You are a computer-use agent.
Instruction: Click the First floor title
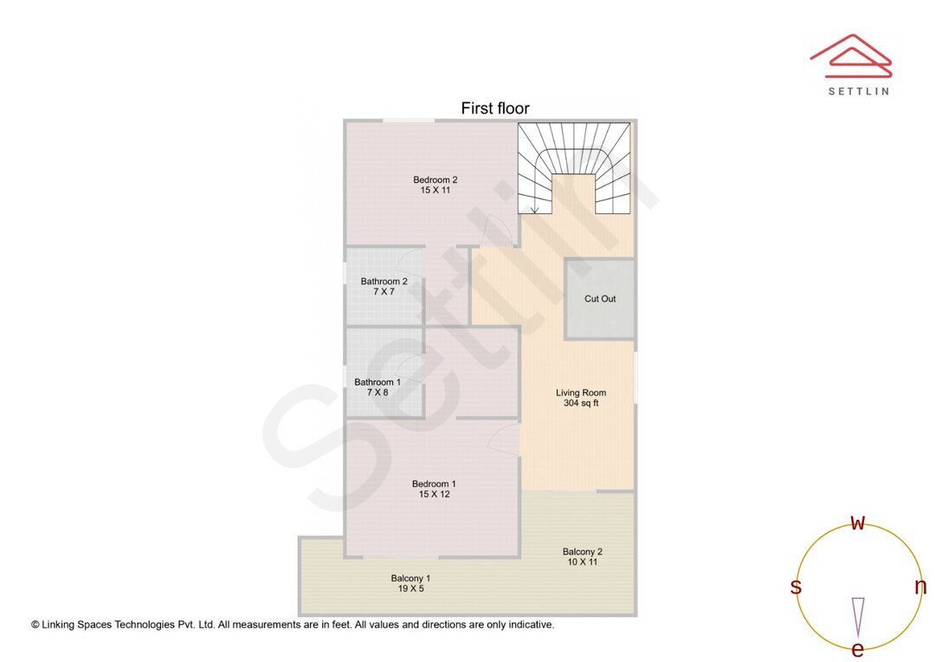pyautogui.click(x=494, y=108)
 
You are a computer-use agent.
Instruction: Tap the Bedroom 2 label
pyautogui.click(x=435, y=180)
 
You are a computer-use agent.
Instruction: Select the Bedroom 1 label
pyautogui.click(x=434, y=484)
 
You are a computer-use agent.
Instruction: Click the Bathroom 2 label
pyautogui.click(x=384, y=282)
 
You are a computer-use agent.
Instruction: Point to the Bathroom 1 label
pyautogui.click(x=377, y=382)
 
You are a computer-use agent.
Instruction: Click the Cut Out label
pyautogui.click(x=600, y=299)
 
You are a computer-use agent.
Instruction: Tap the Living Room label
pyautogui.click(x=581, y=393)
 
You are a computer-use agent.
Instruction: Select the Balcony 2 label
pyautogui.click(x=582, y=552)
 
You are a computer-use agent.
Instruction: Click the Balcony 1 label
pyautogui.click(x=410, y=578)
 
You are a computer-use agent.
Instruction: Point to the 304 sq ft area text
pyautogui.click(x=581, y=403)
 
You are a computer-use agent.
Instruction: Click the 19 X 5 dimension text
pyautogui.click(x=410, y=588)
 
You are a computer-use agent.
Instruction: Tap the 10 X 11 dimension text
pyautogui.click(x=582, y=562)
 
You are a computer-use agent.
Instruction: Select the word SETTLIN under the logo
pyautogui.click(x=858, y=91)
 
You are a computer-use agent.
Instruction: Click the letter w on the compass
pyautogui.click(x=858, y=522)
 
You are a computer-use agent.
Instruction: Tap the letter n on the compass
pyautogui.click(x=920, y=587)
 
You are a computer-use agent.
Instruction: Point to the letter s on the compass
pyautogui.click(x=796, y=587)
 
